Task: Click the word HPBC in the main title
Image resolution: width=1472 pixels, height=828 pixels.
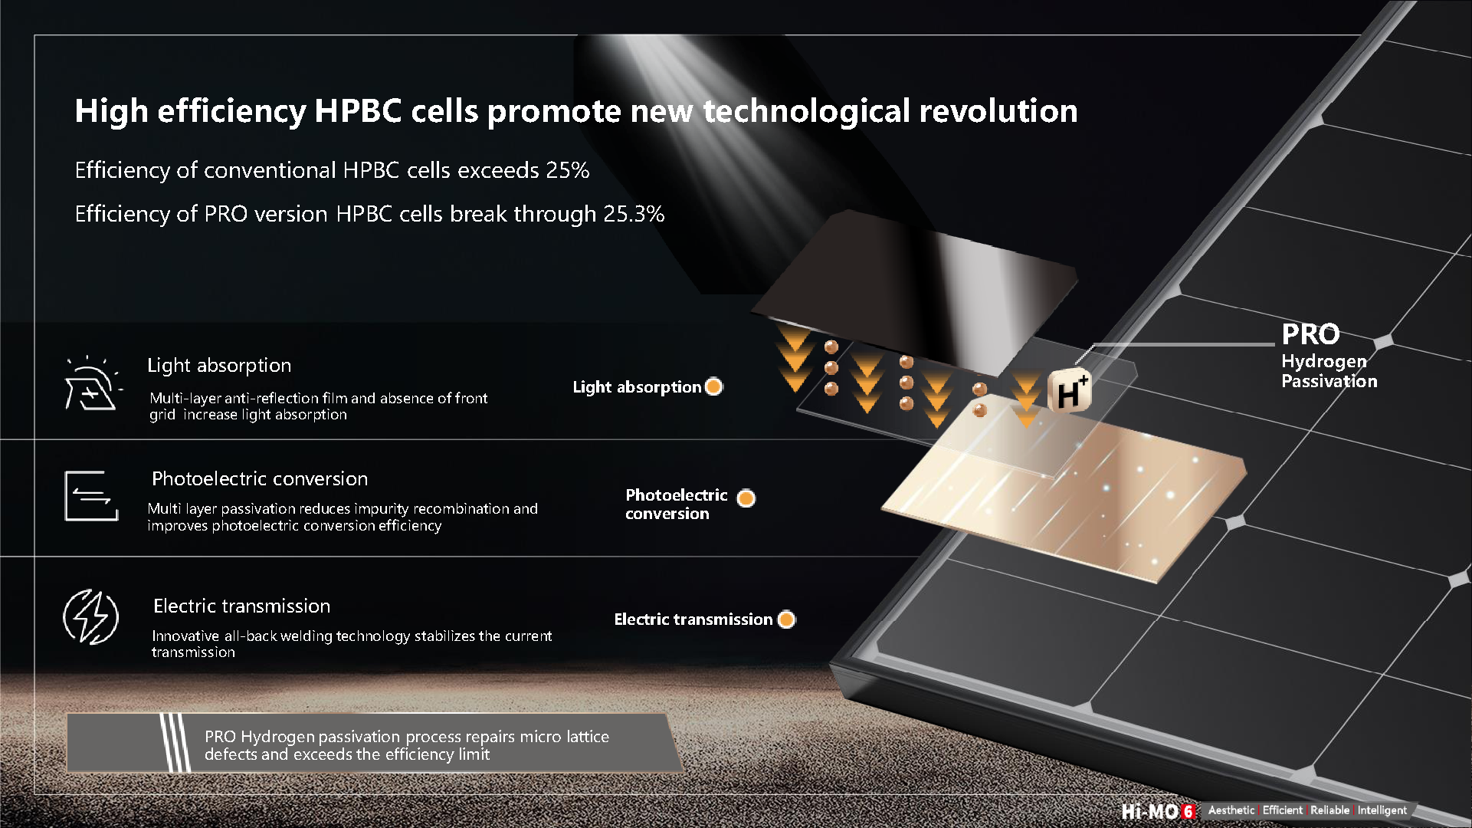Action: [358, 111]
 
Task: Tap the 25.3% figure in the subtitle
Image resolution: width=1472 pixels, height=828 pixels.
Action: [634, 214]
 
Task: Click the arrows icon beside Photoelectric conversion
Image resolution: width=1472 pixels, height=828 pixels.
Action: [92, 496]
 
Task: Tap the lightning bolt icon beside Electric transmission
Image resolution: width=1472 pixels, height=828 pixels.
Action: [90, 616]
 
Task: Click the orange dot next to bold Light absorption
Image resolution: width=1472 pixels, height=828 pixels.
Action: [713, 386]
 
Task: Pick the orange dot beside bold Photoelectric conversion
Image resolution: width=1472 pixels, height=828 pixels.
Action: [746, 498]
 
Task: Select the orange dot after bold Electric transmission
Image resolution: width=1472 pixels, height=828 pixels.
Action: [786, 619]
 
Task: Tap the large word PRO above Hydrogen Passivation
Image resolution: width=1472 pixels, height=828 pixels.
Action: [1310, 334]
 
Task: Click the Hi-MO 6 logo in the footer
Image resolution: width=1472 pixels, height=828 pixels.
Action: [1158, 811]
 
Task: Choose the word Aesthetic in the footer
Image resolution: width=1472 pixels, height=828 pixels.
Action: [1231, 810]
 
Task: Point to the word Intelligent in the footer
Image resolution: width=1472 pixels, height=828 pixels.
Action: [1382, 810]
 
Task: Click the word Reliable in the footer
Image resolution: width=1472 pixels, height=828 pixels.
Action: [1329, 810]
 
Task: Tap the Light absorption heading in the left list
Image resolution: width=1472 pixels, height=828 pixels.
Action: [219, 366]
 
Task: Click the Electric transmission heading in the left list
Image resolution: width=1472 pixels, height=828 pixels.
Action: [241, 606]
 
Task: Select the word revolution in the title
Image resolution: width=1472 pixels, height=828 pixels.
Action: [998, 111]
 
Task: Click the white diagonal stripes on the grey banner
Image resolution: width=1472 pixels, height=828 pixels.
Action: [175, 743]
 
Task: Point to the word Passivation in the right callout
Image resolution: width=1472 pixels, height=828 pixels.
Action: [1329, 381]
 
